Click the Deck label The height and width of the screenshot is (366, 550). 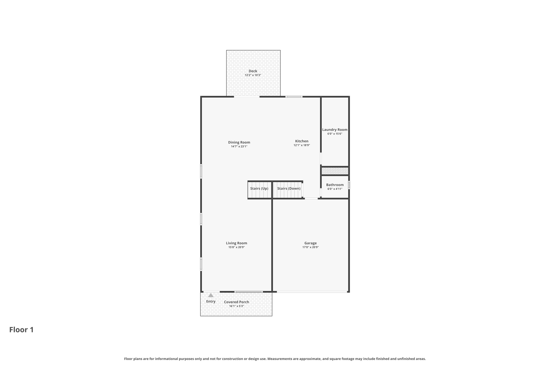[253, 71]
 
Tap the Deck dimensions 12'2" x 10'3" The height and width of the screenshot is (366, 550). [253, 75]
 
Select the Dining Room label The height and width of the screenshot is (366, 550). [239, 142]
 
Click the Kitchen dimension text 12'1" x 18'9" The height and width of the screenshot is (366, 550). [302, 145]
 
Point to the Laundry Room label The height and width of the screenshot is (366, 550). [335, 130]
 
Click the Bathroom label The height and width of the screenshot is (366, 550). [335, 185]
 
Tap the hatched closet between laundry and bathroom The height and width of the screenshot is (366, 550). [335, 171]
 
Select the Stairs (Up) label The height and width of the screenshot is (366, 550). [259, 188]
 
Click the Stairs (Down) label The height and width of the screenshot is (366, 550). [289, 188]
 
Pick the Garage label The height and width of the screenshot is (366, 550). [310, 243]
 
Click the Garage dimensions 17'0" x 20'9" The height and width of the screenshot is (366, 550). [310, 247]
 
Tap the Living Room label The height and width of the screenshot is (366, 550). [236, 243]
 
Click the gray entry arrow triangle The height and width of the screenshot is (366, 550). [211, 295]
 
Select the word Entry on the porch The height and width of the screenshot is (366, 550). [211, 301]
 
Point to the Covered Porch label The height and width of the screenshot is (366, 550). [236, 302]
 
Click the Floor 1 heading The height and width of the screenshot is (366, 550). [21, 330]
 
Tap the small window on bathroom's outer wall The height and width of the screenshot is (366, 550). [349, 185]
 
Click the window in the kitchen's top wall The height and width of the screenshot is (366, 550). [294, 97]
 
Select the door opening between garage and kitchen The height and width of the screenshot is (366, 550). [311, 198]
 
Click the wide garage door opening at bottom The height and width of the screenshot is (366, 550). [312, 292]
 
